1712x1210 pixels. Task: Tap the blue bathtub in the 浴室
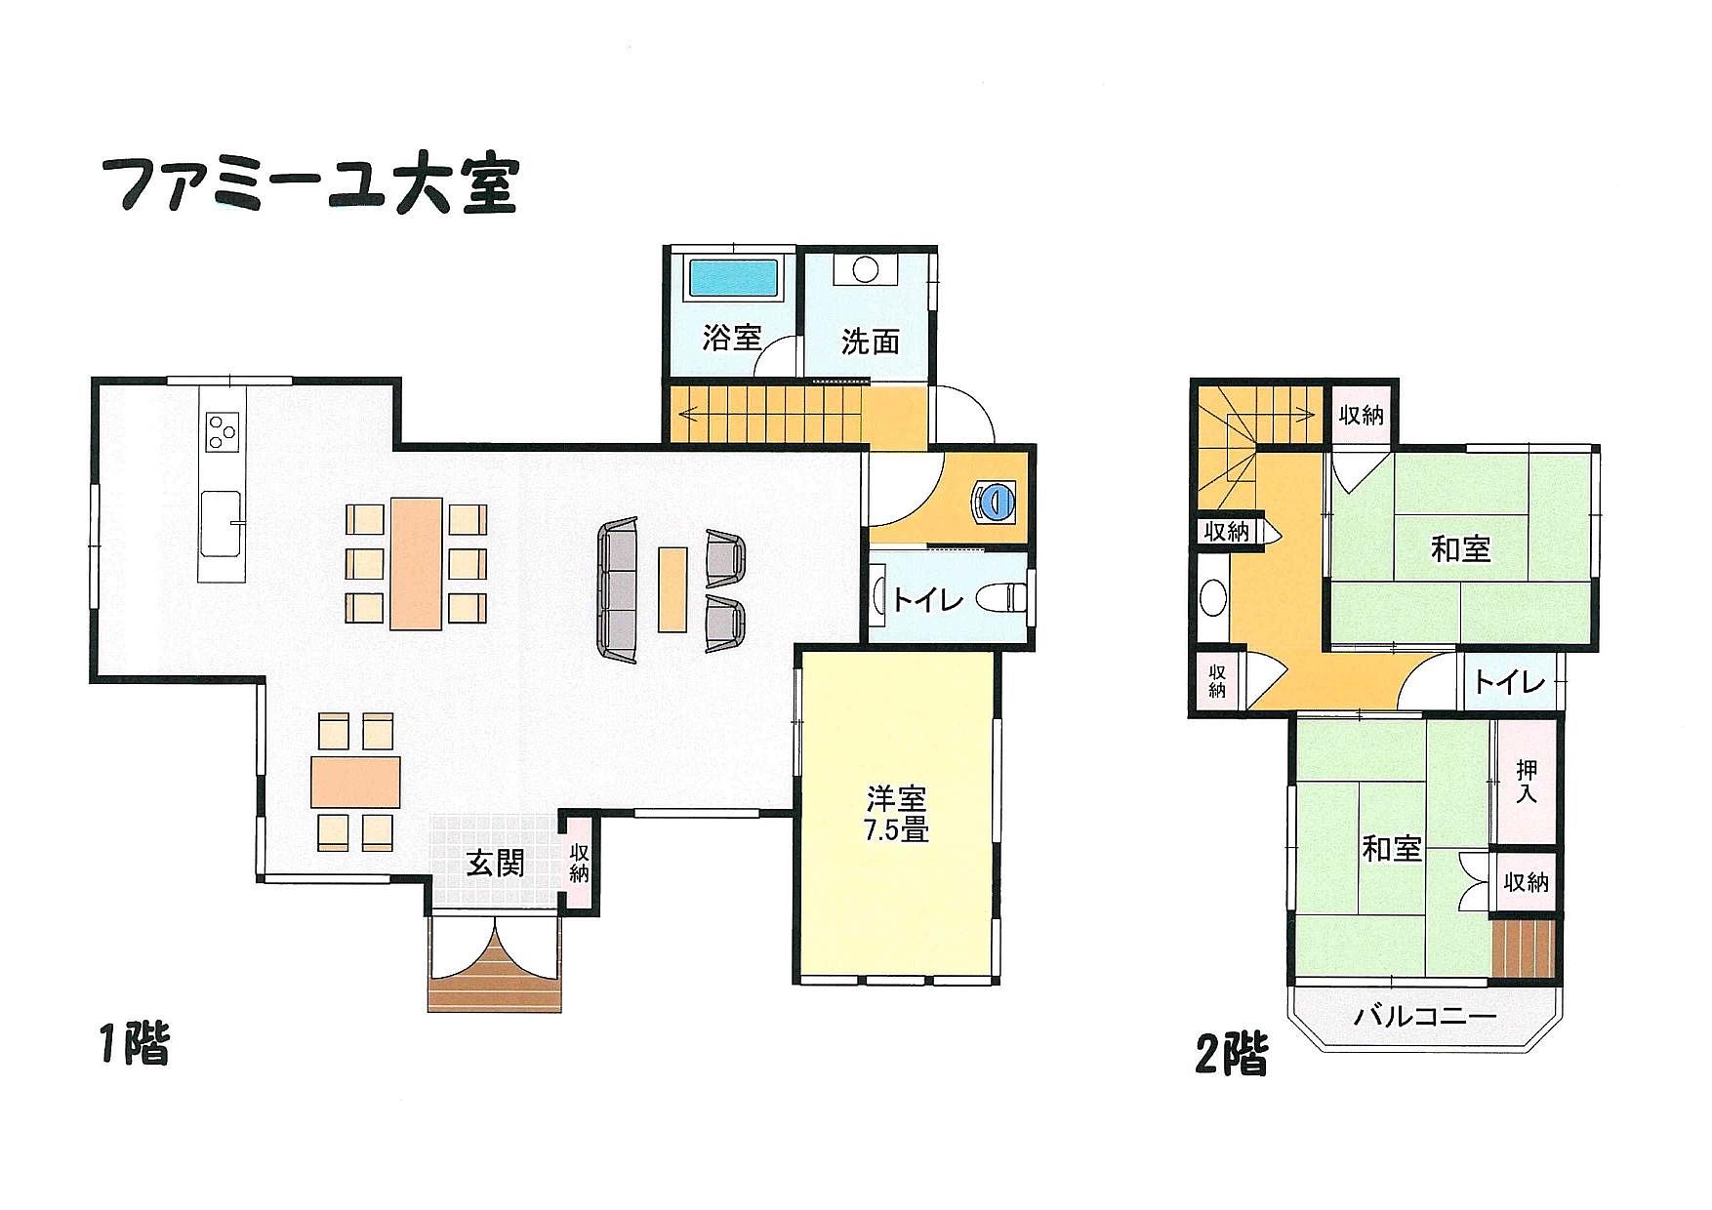point(735,277)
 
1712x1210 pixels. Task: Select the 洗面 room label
point(870,342)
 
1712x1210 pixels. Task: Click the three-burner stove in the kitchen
point(224,430)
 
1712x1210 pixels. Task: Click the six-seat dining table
point(416,563)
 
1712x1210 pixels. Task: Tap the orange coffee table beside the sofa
point(672,588)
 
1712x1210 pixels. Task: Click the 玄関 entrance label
point(495,864)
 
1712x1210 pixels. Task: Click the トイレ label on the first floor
point(927,600)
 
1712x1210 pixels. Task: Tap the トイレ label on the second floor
point(1508,681)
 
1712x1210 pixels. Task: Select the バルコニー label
point(1424,1017)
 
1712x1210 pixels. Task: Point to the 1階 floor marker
point(135,1044)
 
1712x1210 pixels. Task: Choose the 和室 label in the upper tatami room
point(1460,548)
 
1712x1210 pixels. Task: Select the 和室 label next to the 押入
point(1392,848)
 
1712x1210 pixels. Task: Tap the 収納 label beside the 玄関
point(579,863)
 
